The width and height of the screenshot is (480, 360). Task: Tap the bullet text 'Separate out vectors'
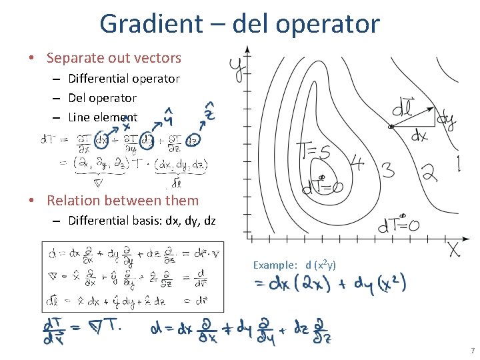tap(113, 58)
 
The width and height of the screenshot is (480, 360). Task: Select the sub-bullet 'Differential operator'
tap(124, 79)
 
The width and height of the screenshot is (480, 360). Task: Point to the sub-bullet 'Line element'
tap(103, 117)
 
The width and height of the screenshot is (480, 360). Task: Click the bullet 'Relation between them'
tap(123, 200)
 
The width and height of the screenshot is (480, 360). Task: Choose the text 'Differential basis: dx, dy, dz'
tap(142, 221)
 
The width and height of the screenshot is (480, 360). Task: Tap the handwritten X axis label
tap(453, 249)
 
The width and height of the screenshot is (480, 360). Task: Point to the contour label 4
tap(357, 162)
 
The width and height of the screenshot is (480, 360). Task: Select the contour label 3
tap(387, 170)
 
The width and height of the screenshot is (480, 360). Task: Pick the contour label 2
tap(429, 173)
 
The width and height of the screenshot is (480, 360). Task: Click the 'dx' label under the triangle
tap(418, 137)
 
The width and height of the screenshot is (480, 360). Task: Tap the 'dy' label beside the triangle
tap(447, 121)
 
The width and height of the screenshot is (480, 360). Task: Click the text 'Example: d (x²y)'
tap(294, 265)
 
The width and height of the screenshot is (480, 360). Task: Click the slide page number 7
tap(472, 351)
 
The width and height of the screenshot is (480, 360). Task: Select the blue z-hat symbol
tap(209, 112)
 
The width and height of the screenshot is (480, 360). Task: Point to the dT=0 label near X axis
tap(399, 227)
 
